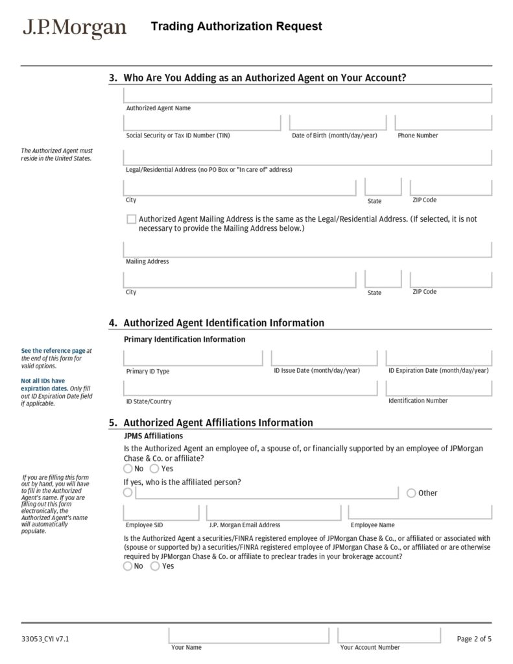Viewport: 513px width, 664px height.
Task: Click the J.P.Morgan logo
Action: pyautogui.click(x=75, y=27)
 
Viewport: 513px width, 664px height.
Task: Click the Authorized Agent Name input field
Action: pyautogui.click(x=307, y=95)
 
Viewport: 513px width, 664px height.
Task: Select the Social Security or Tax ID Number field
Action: pyautogui.click(x=202, y=123)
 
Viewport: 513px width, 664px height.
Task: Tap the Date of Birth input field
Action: pyautogui.click(x=337, y=123)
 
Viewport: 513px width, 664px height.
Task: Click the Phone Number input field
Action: pyautogui.click(x=443, y=123)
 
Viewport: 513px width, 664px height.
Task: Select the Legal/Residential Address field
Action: pyautogui.click(x=307, y=158)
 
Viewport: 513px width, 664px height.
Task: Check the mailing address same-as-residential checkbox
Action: pyautogui.click(x=132, y=219)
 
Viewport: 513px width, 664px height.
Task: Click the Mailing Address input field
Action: pyautogui.click(x=307, y=250)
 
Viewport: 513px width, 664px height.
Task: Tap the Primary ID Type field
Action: pyautogui.click(x=193, y=359)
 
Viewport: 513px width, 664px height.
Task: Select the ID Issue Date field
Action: pyautogui.click(x=324, y=359)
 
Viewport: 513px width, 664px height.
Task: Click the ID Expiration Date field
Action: pyautogui.click(x=438, y=359)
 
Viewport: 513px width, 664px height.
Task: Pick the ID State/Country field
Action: pyautogui.click(x=250, y=388)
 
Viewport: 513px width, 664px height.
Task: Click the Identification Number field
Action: pyautogui.click(x=438, y=388)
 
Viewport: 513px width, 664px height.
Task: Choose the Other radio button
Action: pyautogui.click(x=411, y=493)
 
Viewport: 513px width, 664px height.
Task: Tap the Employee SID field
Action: pyautogui.click(x=161, y=513)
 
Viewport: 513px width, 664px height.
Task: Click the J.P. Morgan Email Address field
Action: pyautogui.click(x=273, y=513)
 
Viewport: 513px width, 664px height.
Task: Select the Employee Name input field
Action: pyautogui.click(x=420, y=513)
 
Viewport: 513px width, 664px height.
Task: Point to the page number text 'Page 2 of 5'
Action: pyautogui.click(x=474, y=639)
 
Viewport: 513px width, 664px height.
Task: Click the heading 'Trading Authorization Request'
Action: pyautogui.click(x=236, y=27)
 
